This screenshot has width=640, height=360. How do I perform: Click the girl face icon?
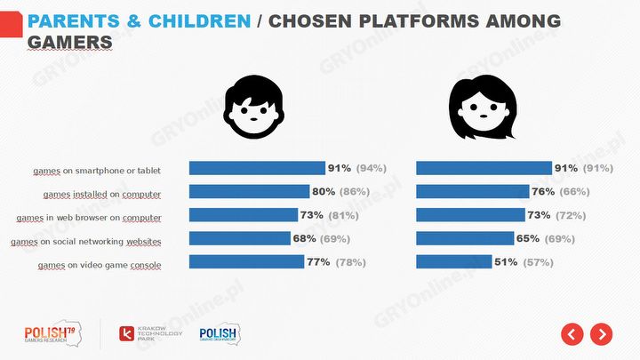[x=483, y=110]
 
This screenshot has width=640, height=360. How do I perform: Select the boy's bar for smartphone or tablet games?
[x=257, y=168]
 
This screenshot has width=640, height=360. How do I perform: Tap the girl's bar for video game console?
[x=453, y=261]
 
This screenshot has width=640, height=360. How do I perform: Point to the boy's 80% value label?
[x=322, y=191]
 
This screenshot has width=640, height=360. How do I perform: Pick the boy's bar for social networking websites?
[x=240, y=238]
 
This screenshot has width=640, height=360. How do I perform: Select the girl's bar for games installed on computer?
[x=472, y=191]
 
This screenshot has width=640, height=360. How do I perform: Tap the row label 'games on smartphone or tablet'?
[x=97, y=170]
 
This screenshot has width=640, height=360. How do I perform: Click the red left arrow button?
[x=572, y=334]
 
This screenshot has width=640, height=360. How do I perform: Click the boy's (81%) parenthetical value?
[x=353, y=215]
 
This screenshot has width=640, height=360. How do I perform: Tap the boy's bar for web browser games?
[x=244, y=215]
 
